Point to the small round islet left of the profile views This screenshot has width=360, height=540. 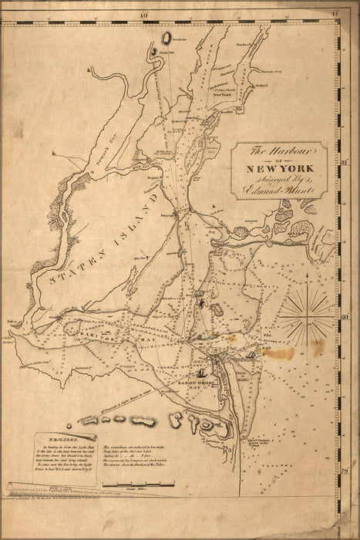(x=71, y=425)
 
